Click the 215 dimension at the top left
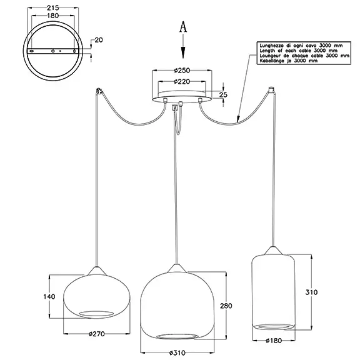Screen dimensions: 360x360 click(x=53, y=7)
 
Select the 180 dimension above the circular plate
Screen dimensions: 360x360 click(x=53, y=16)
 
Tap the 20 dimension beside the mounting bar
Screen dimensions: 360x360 click(x=99, y=40)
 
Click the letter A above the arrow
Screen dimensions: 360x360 click(x=182, y=27)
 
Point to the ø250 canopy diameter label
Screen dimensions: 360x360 click(x=182, y=70)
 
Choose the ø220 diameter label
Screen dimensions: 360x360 click(x=182, y=81)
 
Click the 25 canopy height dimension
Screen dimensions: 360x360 click(x=223, y=94)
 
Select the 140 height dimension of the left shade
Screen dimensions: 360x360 click(x=49, y=297)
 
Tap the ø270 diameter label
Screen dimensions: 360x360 click(x=97, y=334)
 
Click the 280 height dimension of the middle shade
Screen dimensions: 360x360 click(x=226, y=306)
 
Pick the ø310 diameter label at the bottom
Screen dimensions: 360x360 click(x=177, y=352)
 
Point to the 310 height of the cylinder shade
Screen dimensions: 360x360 click(x=311, y=292)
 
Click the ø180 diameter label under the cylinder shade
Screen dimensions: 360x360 click(x=274, y=341)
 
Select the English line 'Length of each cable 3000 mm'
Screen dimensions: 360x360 click(x=299, y=51)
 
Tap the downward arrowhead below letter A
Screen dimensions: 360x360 click(x=182, y=52)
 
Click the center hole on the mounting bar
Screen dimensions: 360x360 click(x=53, y=51)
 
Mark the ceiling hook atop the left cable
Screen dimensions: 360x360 click(x=99, y=91)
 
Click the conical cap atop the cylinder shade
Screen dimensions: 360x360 click(x=272, y=251)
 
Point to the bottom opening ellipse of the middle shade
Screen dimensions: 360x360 click(x=177, y=336)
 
